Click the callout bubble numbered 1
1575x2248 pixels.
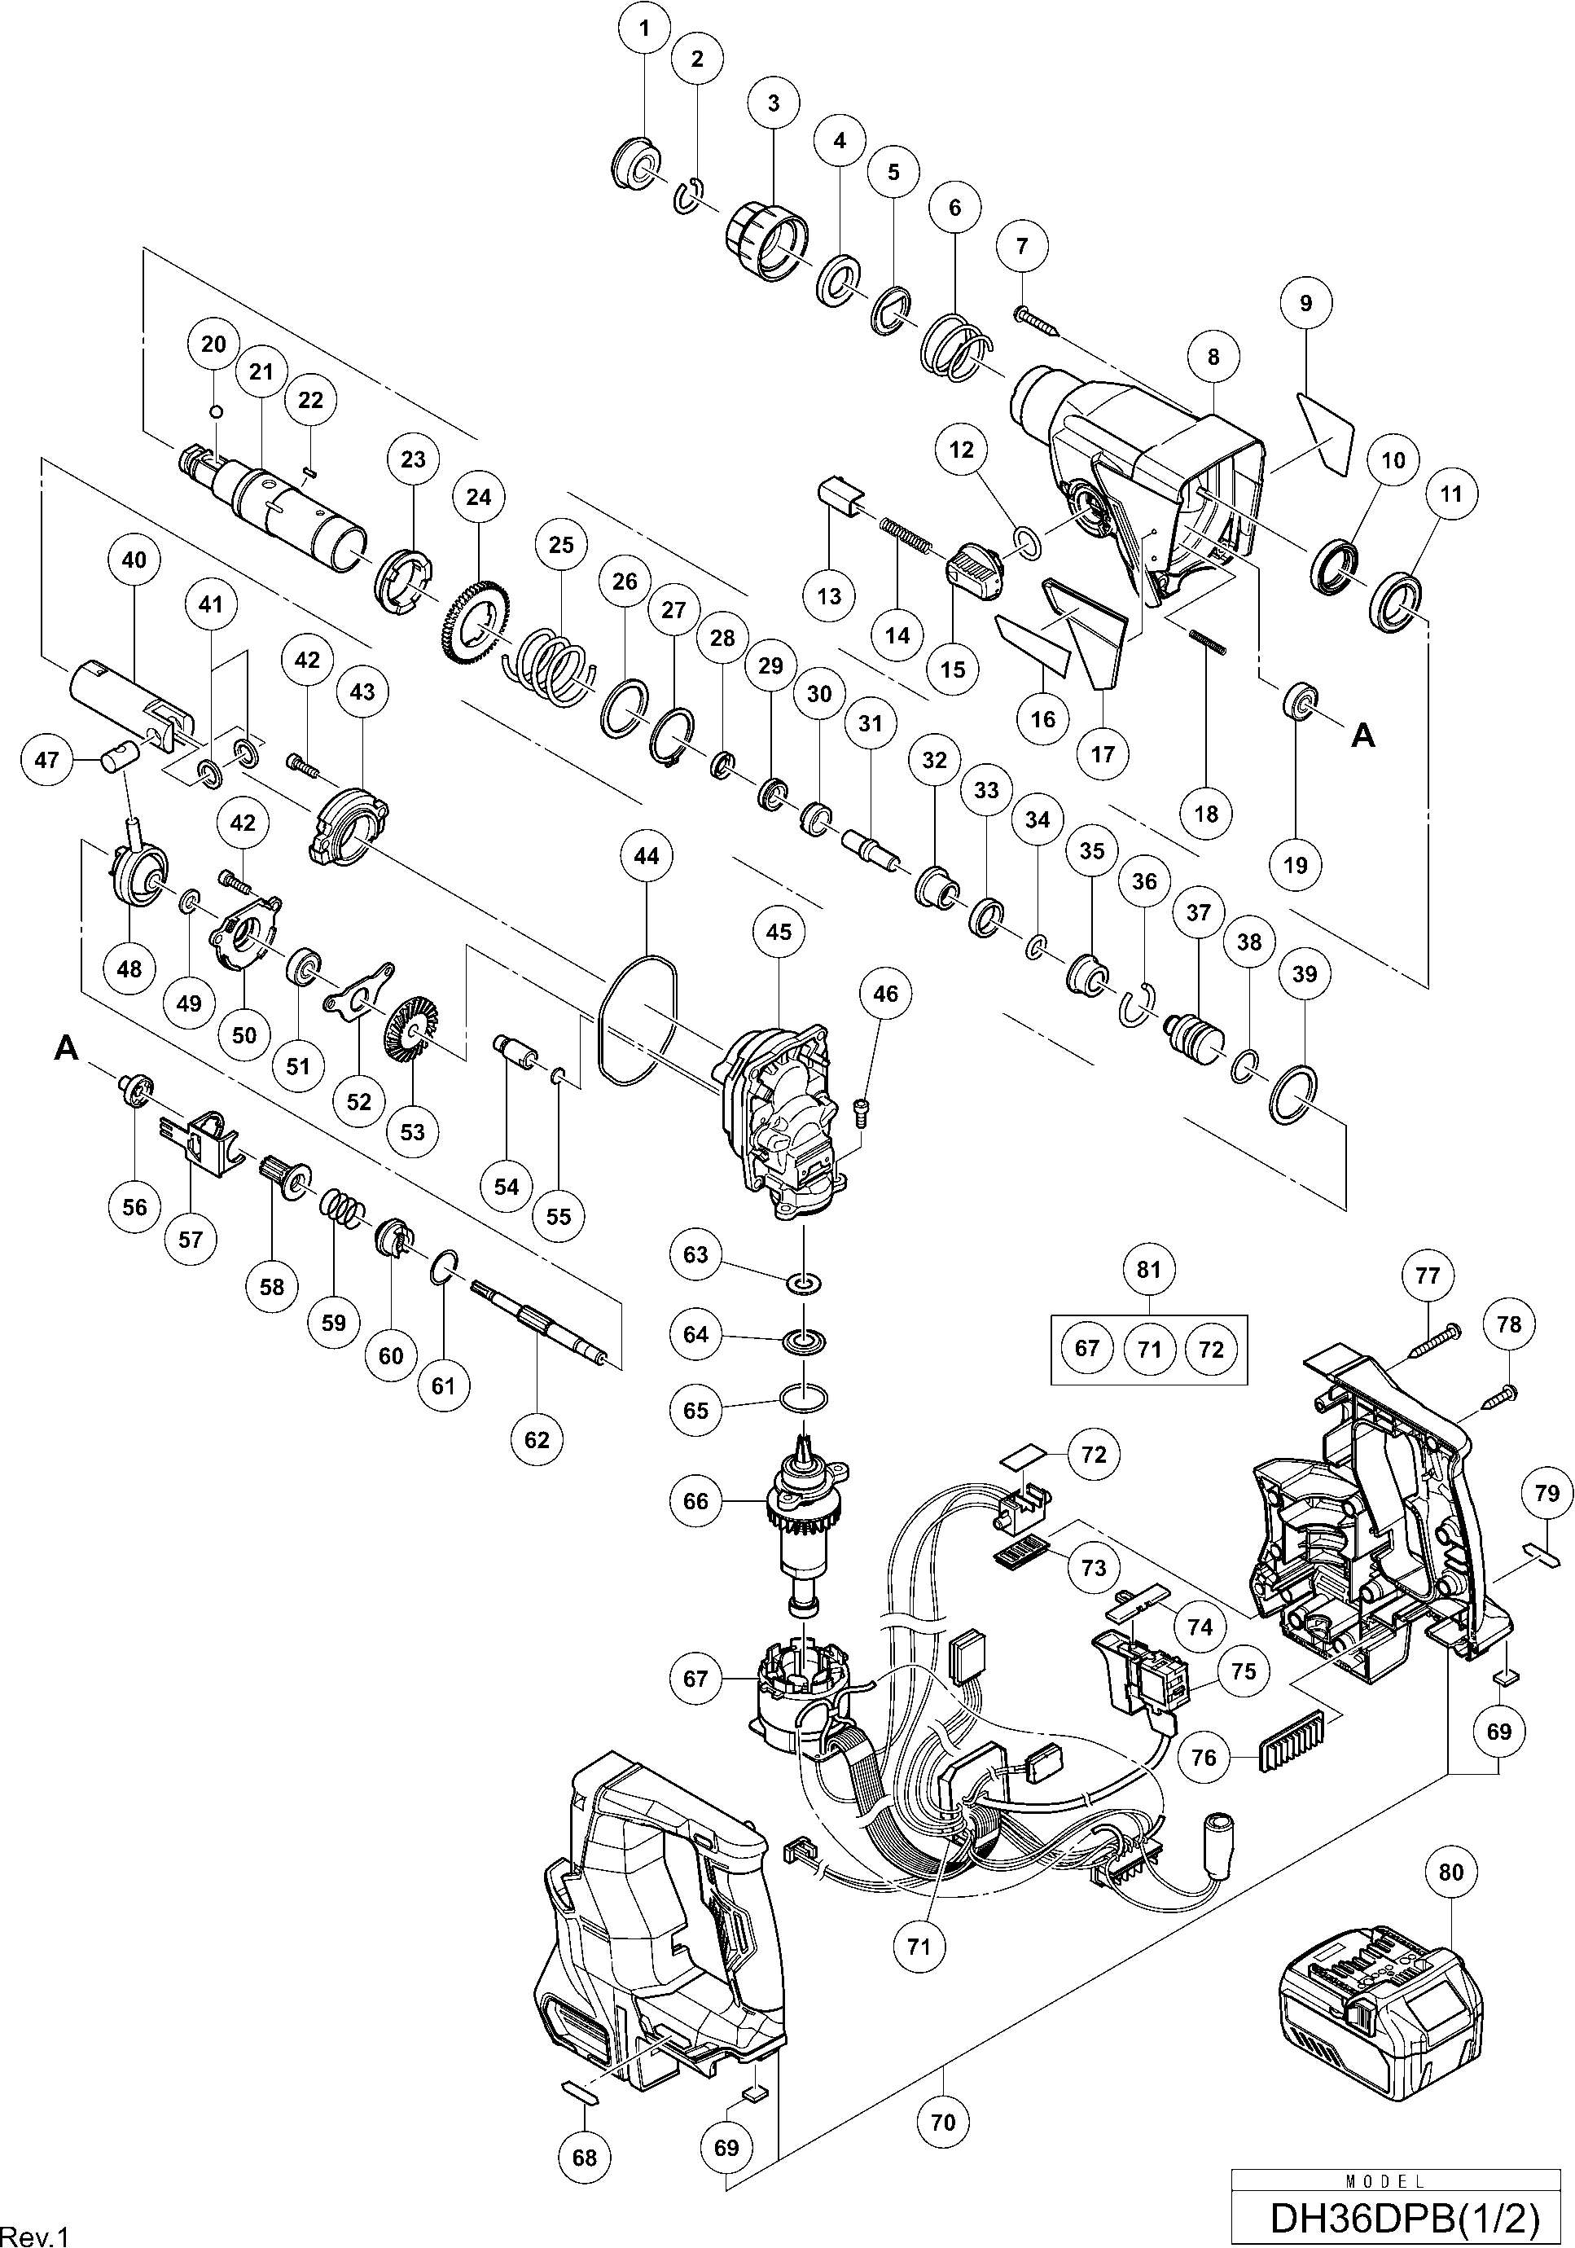pos(643,29)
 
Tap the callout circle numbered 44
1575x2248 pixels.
pos(646,856)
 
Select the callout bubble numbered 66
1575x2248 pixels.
pos(695,1501)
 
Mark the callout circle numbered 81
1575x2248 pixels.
pos(1148,1269)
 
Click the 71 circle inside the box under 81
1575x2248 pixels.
pos(1149,1349)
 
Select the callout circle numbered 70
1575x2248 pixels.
pos(943,2122)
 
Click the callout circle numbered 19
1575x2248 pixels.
pos(1295,864)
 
